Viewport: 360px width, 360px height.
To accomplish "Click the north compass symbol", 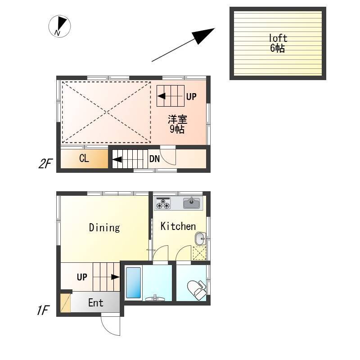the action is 59,26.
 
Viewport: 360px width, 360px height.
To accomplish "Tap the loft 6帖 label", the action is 278,43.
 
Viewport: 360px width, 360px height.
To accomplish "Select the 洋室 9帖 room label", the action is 177,124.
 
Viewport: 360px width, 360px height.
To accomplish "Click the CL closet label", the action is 84,158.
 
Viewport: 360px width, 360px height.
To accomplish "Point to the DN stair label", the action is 154,159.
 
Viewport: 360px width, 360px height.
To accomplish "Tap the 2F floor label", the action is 45,164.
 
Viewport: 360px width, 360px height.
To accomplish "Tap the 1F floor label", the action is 43,310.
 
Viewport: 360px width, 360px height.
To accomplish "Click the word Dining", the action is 104,228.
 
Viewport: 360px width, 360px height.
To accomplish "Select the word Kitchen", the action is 178,226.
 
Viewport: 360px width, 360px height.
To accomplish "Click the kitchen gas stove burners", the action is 163,203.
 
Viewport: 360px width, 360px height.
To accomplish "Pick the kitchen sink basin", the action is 191,203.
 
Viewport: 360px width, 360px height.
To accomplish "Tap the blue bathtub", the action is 133,283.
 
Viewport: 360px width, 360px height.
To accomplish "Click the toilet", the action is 197,290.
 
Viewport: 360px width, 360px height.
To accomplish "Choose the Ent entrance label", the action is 96,303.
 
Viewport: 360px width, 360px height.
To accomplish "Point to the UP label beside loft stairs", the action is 191,97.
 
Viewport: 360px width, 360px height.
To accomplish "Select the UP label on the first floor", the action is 82,277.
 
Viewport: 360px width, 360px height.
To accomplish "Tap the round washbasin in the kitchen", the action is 200,238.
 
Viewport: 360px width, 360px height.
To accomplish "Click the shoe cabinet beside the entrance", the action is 65,303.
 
